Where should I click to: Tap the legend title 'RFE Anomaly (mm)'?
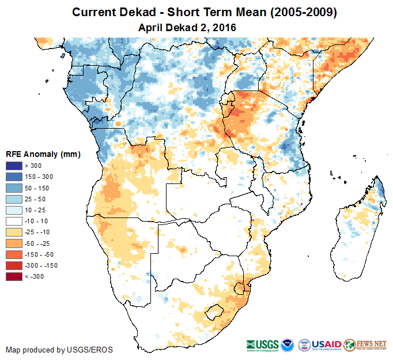click(x=43, y=155)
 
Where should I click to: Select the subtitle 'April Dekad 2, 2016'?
click(x=187, y=27)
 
